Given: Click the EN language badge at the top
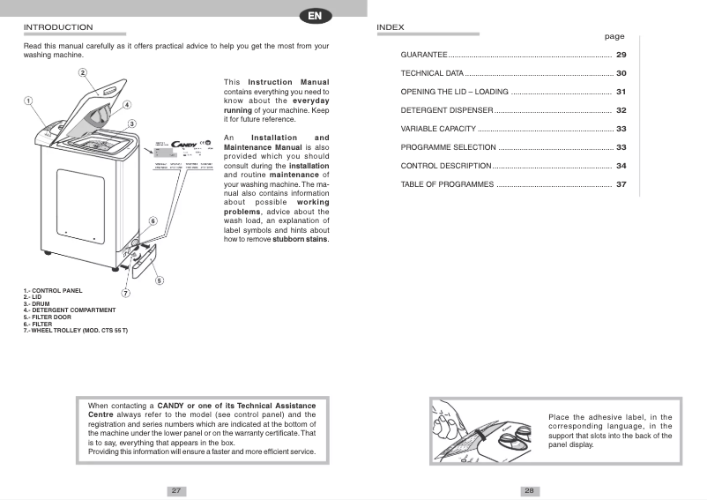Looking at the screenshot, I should pos(315,15).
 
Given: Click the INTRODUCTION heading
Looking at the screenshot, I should pos(57,27).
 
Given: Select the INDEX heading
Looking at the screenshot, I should pos(391,27).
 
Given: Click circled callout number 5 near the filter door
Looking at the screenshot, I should pos(159,280).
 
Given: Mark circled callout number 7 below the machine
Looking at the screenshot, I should pos(125,293).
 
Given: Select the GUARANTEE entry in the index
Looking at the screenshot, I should pos(425,56).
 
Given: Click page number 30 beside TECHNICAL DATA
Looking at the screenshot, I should pos(621,73).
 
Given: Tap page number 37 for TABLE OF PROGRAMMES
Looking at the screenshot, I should pos(621,184).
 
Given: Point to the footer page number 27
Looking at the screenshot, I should pos(176,490).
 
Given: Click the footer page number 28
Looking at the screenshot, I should pos(529,490).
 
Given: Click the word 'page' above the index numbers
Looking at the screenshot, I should pos(614,37).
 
